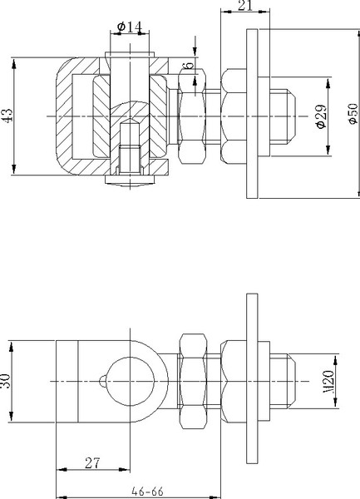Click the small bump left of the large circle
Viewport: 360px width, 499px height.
pyautogui.click(x=102, y=382)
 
